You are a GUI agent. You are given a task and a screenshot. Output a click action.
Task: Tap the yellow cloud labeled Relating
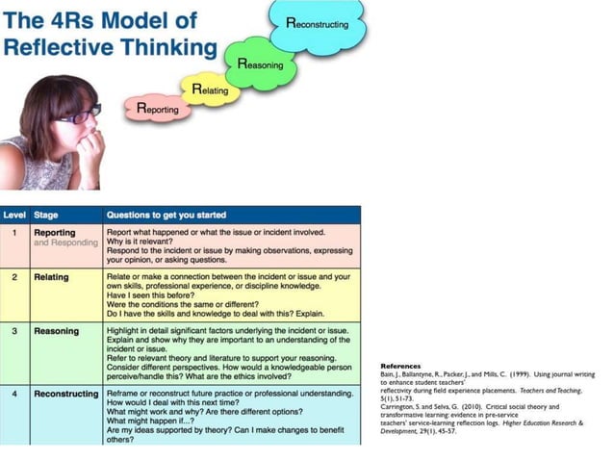click(209, 89)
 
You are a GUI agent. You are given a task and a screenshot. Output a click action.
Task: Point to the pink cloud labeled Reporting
click(156, 110)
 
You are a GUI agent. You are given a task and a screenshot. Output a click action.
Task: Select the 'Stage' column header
click(46, 216)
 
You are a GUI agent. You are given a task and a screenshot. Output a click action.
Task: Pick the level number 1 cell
click(14, 232)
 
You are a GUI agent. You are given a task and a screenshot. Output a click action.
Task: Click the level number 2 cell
click(14, 275)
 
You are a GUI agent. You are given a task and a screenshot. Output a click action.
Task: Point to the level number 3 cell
click(14, 331)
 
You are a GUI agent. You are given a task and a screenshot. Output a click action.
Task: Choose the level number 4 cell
click(14, 394)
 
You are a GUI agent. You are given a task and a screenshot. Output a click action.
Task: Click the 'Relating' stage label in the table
click(52, 275)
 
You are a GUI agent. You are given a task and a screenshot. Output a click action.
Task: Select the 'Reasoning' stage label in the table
click(57, 331)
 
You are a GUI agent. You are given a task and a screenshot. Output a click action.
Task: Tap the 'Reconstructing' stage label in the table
click(65, 394)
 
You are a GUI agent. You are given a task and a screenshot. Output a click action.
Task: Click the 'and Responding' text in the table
click(65, 243)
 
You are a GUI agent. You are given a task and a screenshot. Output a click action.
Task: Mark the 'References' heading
click(400, 367)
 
